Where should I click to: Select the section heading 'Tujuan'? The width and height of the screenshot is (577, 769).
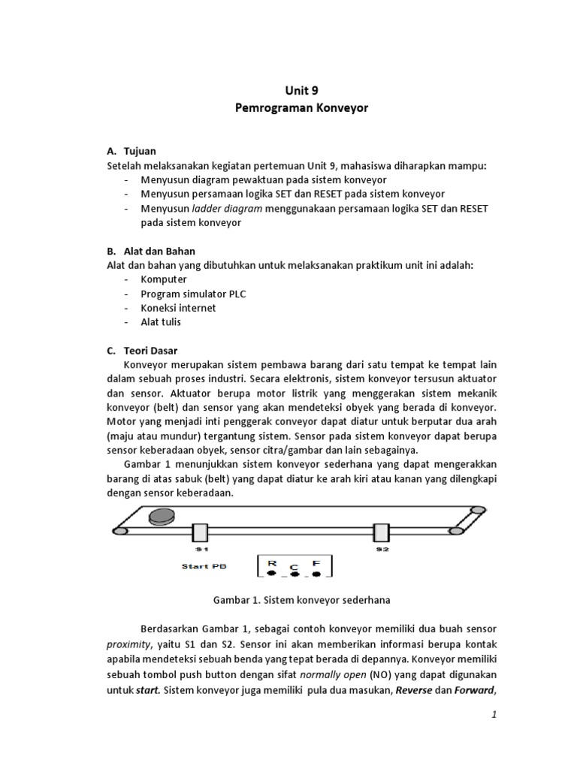click(x=140, y=151)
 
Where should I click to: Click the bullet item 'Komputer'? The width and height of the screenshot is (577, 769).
click(x=163, y=279)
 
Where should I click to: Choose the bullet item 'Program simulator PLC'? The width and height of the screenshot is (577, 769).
click(x=193, y=294)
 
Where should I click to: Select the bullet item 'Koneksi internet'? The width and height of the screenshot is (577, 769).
click(x=178, y=308)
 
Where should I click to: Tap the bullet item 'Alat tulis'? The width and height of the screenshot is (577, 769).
click(x=161, y=322)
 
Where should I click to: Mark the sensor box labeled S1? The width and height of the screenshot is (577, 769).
click(x=200, y=532)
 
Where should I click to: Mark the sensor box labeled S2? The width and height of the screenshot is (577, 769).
click(x=382, y=532)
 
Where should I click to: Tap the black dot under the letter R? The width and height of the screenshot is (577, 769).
click(x=271, y=574)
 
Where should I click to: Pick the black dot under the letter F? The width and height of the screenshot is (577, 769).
click(x=316, y=574)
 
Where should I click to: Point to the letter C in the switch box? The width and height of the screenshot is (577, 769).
click(x=294, y=565)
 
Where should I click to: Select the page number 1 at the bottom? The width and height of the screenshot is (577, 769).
click(x=494, y=716)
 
